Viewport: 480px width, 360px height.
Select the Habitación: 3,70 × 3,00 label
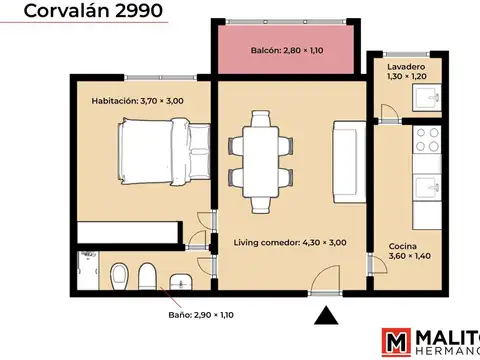pos(139,101)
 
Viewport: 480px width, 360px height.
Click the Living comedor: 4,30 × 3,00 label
pos(290,243)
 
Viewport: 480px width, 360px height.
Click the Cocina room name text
pos(403,246)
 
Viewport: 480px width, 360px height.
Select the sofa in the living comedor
pos(350,160)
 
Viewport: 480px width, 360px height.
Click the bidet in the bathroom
pos(148,276)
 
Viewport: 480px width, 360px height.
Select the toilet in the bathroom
pos(120,275)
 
